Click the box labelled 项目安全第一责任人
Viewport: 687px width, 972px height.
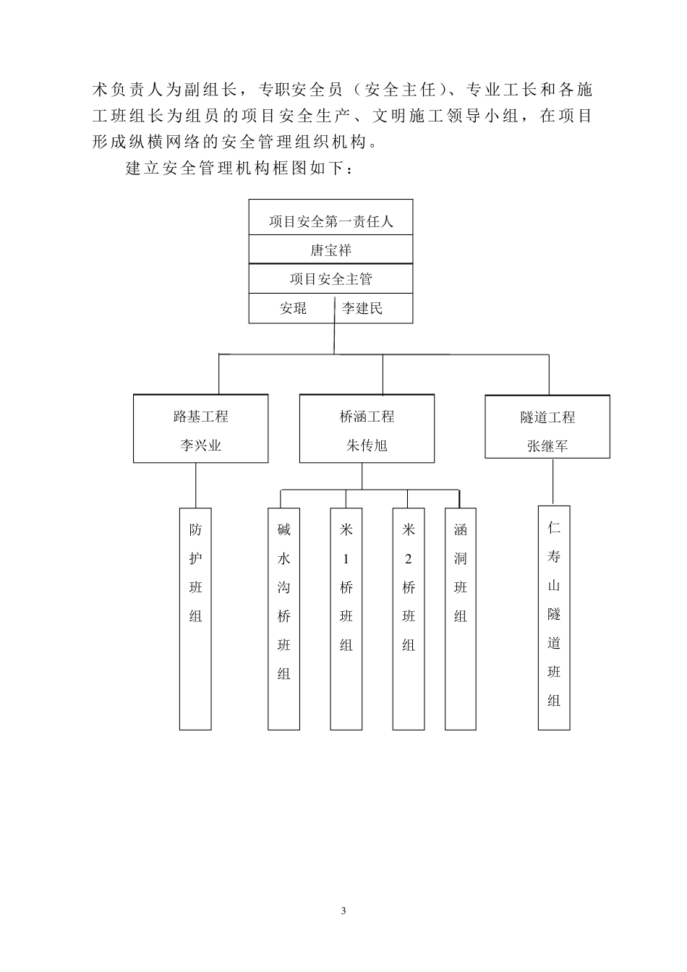330,221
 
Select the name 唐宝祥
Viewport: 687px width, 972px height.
330,250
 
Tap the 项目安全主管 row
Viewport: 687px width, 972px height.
330,279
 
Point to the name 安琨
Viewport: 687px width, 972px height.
293,309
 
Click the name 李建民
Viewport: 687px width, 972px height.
362,309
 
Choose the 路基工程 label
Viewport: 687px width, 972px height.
201,417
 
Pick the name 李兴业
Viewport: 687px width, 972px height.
201,445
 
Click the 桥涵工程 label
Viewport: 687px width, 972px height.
367,417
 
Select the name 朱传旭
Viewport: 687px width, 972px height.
367,445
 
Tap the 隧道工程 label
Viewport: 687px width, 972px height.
547,417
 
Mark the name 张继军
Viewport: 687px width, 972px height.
547,446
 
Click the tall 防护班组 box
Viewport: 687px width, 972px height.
195,618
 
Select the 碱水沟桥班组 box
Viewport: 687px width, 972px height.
283,618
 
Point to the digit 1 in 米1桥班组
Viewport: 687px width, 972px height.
346,559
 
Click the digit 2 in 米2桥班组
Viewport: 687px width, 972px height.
409,559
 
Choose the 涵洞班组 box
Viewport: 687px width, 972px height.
461,618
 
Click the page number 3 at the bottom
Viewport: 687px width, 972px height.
343,911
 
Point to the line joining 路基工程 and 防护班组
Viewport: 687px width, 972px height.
196,485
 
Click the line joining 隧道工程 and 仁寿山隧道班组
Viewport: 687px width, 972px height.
553,482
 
